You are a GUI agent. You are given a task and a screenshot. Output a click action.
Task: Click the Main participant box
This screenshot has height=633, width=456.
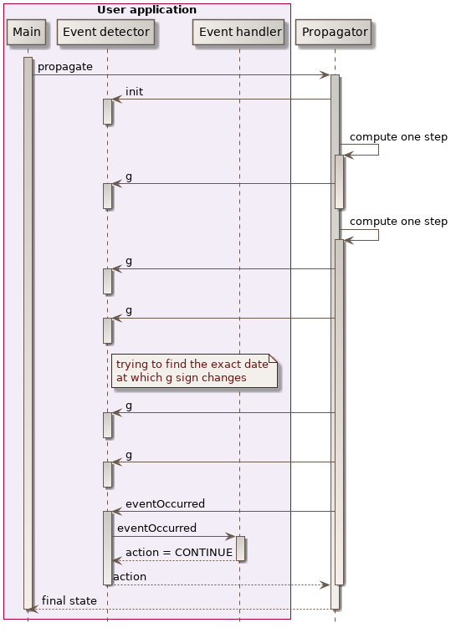(x=27, y=33)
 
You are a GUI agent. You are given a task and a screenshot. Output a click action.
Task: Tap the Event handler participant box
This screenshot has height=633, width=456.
(x=239, y=33)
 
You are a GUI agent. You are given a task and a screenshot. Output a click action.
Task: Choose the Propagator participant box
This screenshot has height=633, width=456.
(x=334, y=33)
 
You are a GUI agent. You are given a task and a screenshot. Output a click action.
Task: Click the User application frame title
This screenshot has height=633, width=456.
(x=146, y=10)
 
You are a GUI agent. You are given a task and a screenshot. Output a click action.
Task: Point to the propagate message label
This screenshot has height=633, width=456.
(x=65, y=66)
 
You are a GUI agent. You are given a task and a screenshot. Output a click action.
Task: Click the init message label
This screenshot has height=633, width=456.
(x=134, y=91)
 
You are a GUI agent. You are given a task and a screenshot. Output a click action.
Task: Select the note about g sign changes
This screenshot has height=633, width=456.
(x=193, y=370)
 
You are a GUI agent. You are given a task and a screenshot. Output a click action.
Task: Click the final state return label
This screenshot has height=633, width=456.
(x=69, y=600)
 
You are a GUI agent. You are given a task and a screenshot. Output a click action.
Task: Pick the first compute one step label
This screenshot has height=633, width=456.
(x=398, y=136)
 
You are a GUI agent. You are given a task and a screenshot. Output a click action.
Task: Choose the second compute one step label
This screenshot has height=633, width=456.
(x=398, y=222)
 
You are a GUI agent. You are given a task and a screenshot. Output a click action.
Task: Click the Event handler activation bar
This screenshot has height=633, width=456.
(x=240, y=549)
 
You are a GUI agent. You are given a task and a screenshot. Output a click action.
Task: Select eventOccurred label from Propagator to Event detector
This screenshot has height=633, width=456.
(x=165, y=503)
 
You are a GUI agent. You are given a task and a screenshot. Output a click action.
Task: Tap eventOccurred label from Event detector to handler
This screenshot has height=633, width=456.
(x=156, y=528)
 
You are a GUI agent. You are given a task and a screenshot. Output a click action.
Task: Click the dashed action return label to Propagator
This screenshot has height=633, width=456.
(x=130, y=577)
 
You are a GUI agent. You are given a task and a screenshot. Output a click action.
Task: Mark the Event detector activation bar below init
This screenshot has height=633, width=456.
(x=107, y=111)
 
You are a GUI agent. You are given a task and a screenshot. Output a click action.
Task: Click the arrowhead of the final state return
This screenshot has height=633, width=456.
(x=33, y=610)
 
